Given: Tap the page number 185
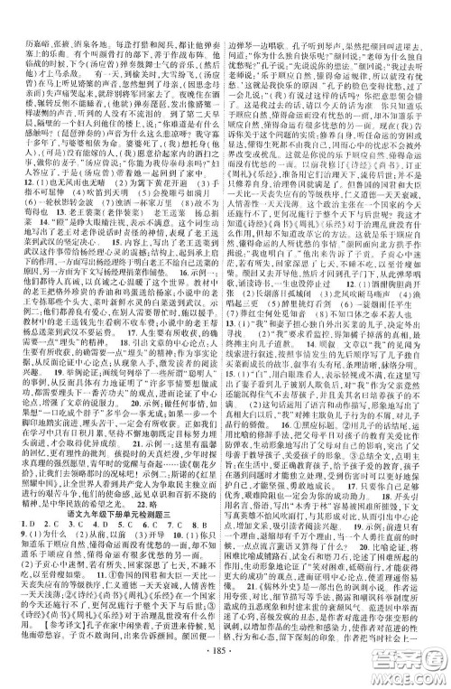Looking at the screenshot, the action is [x=225, y=672].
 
